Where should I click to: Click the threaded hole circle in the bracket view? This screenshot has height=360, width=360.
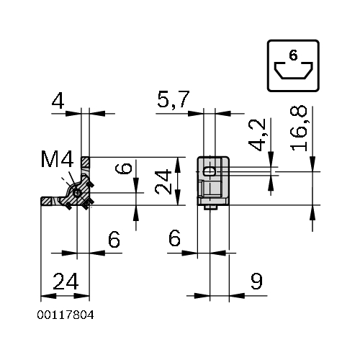(x=77, y=193)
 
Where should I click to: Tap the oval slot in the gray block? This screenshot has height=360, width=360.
(x=210, y=171)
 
